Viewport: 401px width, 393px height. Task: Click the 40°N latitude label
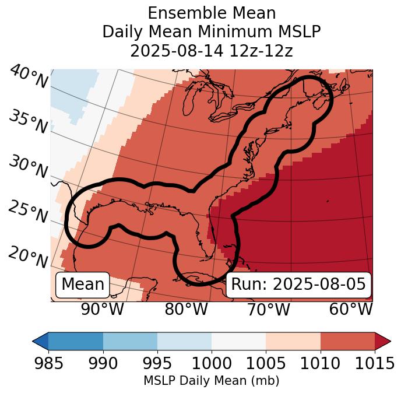click(29, 78)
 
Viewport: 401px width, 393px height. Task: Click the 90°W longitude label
click(103, 309)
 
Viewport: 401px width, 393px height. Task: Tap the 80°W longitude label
click(186, 309)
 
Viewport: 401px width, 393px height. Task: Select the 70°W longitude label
click(268, 309)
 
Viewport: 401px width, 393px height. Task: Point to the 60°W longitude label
click(351, 309)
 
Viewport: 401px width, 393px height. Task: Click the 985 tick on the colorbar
click(48, 364)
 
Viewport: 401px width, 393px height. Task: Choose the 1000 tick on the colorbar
click(212, 364)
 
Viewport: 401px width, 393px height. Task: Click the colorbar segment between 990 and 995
click(130, 341)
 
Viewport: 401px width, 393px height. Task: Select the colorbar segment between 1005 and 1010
click(293, 341)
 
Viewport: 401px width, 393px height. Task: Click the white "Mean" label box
click(83, 285)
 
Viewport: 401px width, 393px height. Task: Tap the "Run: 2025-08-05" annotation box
click(298, 285)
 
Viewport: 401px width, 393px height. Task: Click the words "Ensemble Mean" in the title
click(212, 13)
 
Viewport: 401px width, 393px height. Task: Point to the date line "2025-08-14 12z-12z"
click(212, 51)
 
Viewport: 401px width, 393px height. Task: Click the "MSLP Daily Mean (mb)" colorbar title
click(212, 381)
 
